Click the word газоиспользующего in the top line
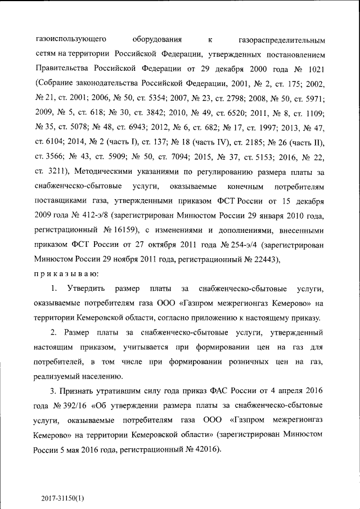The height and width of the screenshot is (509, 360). pyautogui.click(x=68, y=40)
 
